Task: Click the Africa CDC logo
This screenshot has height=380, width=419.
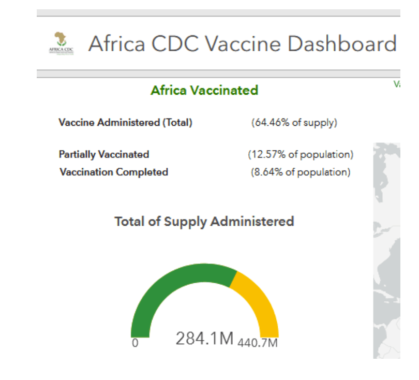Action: tap(61, 43)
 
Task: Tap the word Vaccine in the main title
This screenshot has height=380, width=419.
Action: tap(243, 44)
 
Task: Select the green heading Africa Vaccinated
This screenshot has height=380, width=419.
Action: tap(204, 90)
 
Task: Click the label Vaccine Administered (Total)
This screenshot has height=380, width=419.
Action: tap(125, 123)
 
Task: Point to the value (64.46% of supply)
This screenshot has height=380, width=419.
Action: tap(294, 123)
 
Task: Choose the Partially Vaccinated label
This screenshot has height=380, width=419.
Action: tap(104, 154)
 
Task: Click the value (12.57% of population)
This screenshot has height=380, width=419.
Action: tap(301, 154)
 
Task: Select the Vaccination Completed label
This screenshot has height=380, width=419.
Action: tap(114, 172)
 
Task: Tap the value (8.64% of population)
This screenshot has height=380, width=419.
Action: tap(301, 172)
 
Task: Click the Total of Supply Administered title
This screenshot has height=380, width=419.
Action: tap(204, 222)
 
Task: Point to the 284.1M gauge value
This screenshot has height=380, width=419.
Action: tap(205, 339)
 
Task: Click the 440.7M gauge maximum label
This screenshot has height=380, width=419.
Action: tap(258, 343)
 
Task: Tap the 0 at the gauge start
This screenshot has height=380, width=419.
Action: tap(135, 343)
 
